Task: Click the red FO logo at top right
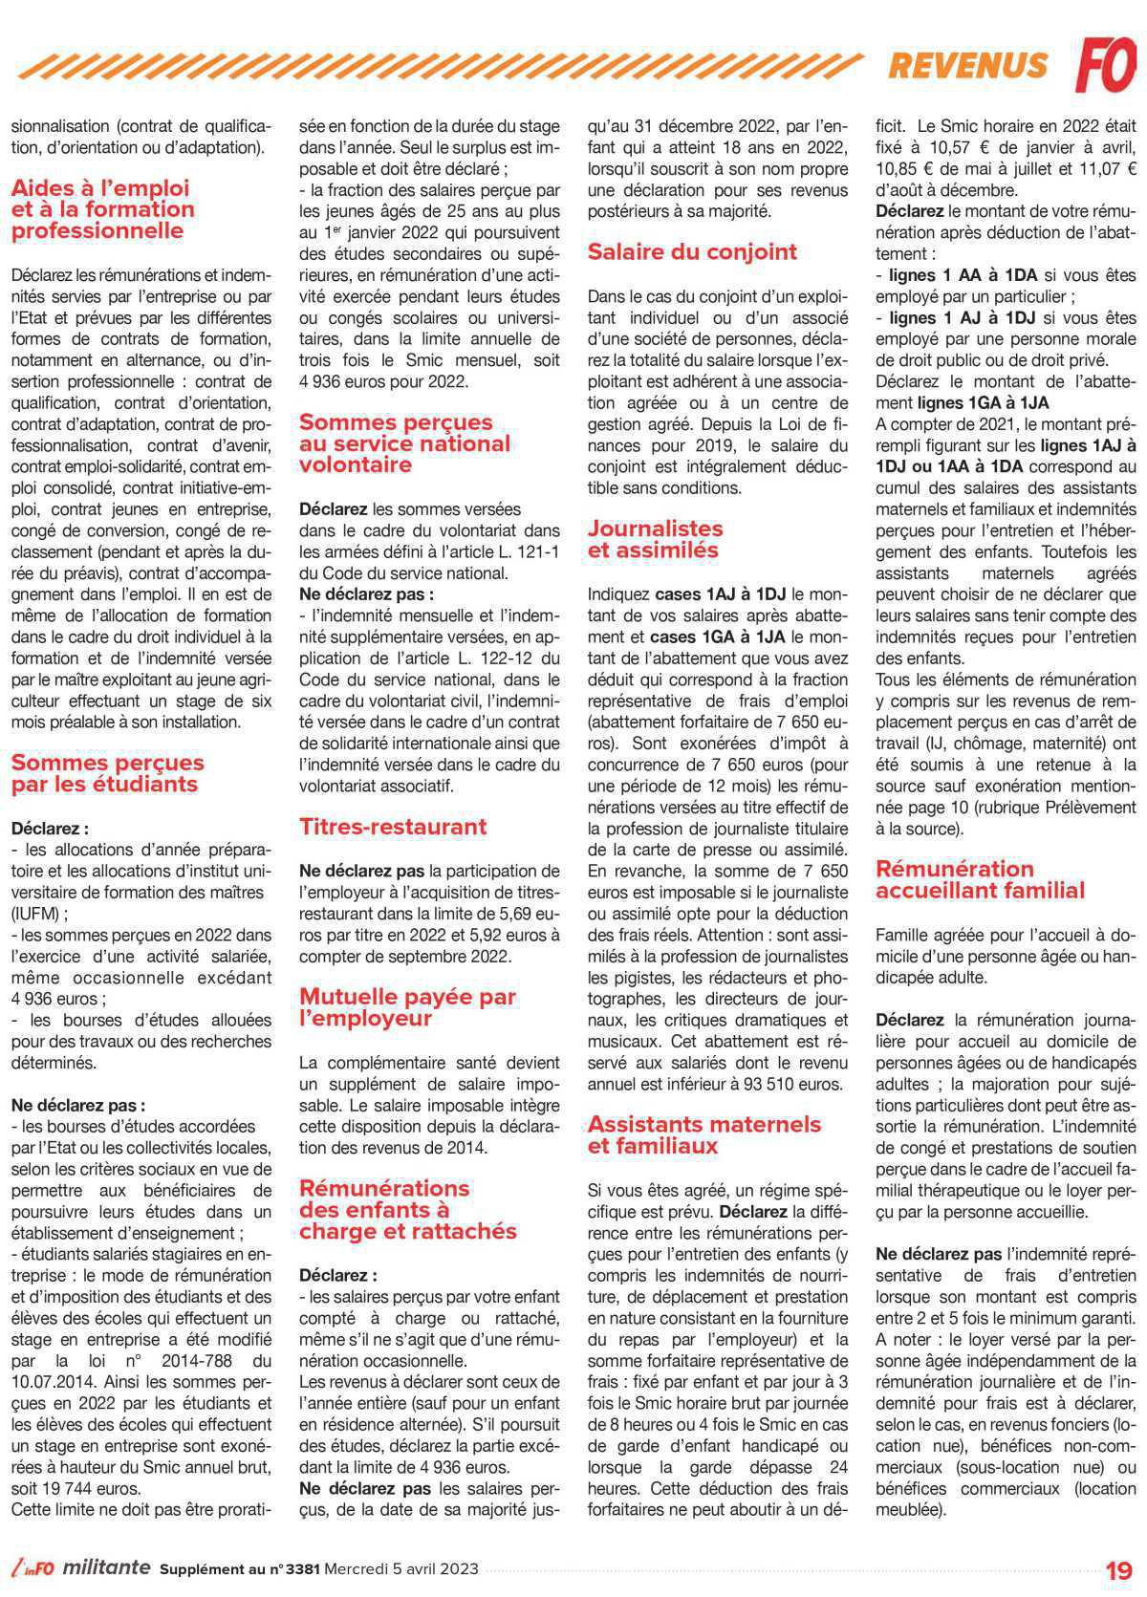[1107, 64]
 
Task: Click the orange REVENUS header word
[967, 65]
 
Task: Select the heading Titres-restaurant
[393, 827]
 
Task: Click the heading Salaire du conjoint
[692, 252]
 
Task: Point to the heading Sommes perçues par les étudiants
[107, 773]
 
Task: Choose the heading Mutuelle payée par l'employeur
[407, 1007]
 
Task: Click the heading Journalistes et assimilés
[655, 539]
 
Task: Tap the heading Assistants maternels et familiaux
[704, 1134]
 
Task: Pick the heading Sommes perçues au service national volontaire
[404, 443]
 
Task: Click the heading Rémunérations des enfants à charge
[407, 1209]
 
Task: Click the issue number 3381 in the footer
[301, 1569]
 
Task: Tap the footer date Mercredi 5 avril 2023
[401, 1569]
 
